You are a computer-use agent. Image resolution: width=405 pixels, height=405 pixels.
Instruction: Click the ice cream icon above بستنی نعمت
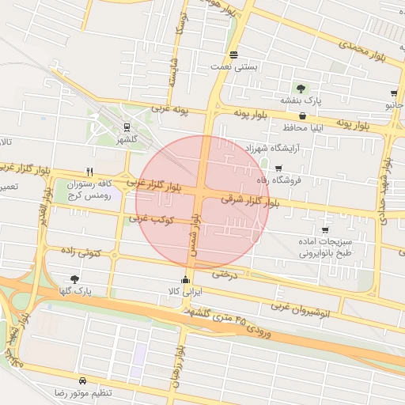tap(233, 55)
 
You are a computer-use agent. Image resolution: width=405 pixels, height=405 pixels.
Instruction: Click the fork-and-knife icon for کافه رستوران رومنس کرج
tap(90, 172)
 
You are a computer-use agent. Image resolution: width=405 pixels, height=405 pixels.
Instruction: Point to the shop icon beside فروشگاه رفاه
tap(278, 168)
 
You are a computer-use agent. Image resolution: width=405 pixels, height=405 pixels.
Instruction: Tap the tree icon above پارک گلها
tap(74, 278)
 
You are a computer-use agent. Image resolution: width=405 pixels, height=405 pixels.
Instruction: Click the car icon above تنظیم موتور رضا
tap(83, 380)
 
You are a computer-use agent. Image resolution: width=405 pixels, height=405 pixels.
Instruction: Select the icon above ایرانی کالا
tap(186, 278)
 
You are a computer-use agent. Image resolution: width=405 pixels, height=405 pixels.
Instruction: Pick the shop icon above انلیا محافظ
tap(303, 115)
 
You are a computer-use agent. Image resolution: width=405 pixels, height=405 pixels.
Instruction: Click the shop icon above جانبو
tap(394, 93)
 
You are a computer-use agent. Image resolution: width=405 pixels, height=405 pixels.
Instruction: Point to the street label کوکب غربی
tap(150, 218)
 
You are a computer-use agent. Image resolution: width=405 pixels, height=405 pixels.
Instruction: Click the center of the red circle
tap(203, 202)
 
